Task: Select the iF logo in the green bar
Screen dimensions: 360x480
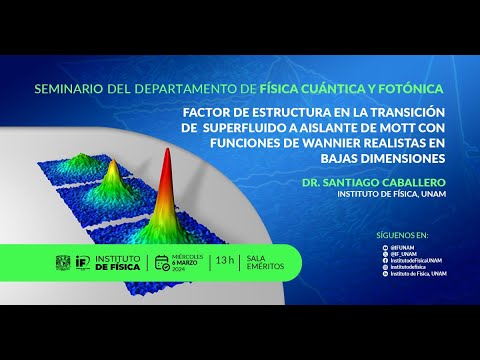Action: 82,263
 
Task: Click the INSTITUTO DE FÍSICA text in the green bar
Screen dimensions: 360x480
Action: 117,263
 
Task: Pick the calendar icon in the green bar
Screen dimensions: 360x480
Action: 162,263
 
